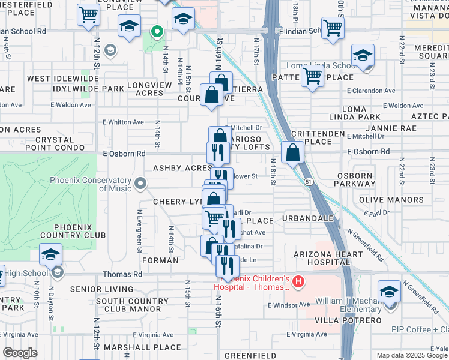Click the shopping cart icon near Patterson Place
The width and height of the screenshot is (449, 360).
312,76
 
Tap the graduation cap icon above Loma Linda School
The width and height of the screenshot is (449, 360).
362,56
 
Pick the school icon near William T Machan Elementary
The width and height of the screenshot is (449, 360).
389,293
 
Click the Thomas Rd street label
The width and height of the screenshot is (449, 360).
123,274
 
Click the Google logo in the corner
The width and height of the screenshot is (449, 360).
20,353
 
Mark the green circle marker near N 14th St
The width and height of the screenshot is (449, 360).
157,31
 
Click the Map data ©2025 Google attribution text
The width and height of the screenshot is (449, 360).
412,355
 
